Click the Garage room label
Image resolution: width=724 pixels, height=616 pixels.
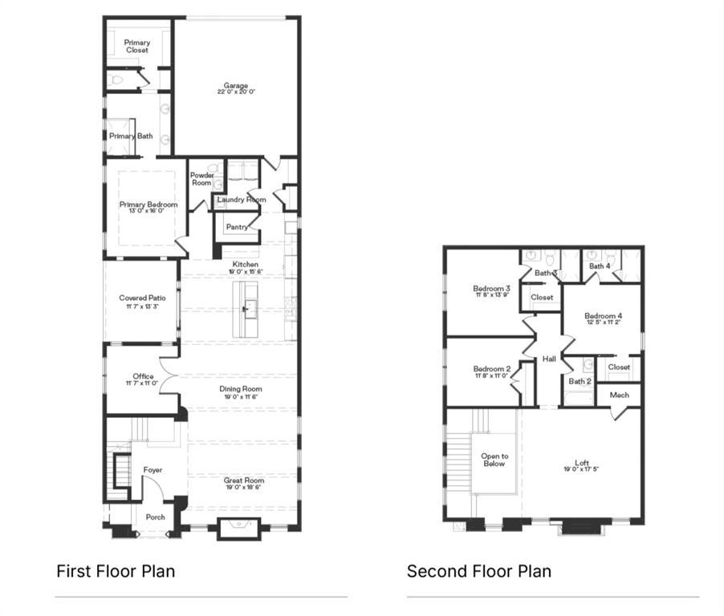(x=236, y=86)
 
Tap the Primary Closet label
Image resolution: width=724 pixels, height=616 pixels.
(x=136, y=47)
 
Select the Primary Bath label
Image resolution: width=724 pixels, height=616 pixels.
(x=131, y=136)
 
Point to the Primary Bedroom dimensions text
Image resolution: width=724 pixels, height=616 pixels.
(x=148, y=212)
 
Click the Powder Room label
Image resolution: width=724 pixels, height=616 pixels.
(x=201, y=179)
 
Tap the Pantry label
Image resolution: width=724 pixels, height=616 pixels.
(x=237, y=227)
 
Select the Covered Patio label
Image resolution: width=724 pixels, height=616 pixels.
(x=143, y=298)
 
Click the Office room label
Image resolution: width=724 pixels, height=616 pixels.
(x=143, y=376)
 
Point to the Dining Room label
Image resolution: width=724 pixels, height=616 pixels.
(x=241, y=389)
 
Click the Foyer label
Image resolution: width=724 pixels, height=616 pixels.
(x=153, y=470)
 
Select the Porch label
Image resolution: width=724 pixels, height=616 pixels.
(x=155, y=517)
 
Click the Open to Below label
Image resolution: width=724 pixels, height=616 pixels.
(x=494, y=460)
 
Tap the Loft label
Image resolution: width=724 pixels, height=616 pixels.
(x=582, y=463)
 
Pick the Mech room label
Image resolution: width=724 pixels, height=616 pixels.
(x=619, y=395)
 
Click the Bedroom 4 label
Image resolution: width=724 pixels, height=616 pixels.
(x=603, y=315)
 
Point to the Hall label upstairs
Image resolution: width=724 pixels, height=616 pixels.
(x=549, y=359)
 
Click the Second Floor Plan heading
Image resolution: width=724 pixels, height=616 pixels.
(x=478, y=571)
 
